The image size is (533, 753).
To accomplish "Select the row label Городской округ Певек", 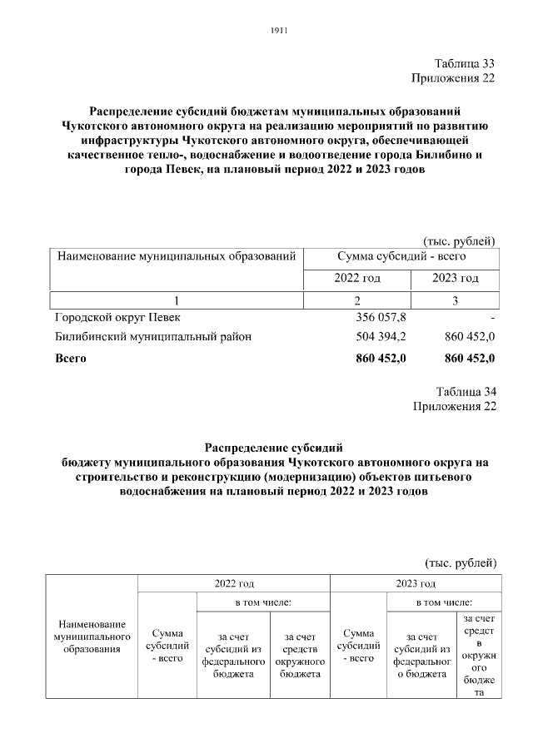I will click(116, 318).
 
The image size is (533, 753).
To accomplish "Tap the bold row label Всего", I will click(70, 359).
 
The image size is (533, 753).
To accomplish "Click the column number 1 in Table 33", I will click(176, 300).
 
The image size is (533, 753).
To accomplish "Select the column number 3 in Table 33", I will click(456, 300).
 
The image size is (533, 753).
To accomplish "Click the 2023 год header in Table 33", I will click(456, 278).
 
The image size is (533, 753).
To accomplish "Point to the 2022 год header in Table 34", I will click(234, 583).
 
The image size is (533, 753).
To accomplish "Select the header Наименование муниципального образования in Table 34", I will click(92, 637).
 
